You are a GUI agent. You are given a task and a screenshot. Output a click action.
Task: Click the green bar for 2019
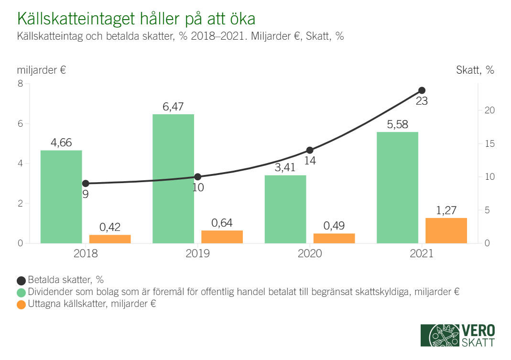point(173,179)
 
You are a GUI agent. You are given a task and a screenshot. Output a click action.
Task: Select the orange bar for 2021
point(446,230)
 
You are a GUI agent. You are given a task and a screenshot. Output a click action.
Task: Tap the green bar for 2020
point(285,209)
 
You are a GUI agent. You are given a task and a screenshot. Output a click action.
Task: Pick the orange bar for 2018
point(110,239)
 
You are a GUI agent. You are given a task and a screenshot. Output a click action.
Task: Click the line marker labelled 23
point(422,90)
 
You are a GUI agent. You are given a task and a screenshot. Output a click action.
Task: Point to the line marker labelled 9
point(86,184)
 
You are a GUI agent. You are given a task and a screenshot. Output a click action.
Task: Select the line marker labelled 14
point(310,150)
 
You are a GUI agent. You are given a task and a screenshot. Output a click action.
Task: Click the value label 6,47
point(173,107)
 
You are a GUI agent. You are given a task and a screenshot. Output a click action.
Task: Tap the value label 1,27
point(446,210)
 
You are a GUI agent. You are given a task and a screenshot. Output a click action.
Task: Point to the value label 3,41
point(285,168)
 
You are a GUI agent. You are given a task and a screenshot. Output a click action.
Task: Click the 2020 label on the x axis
point(310,253)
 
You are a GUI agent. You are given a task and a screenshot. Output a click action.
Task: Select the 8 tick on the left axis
point(20,84)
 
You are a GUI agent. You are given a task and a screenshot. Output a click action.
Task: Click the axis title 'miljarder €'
point(41,70)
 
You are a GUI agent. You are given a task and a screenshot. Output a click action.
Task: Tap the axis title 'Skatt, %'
point(475,70)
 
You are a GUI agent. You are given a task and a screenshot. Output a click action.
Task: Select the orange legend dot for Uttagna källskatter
point(21,304)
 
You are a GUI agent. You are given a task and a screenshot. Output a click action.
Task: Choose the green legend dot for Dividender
point(21,292)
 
